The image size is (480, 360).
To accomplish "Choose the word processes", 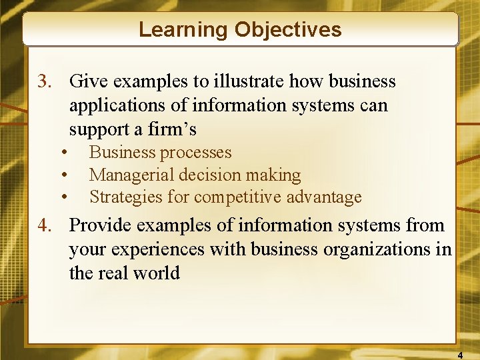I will [x=197, y=153].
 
